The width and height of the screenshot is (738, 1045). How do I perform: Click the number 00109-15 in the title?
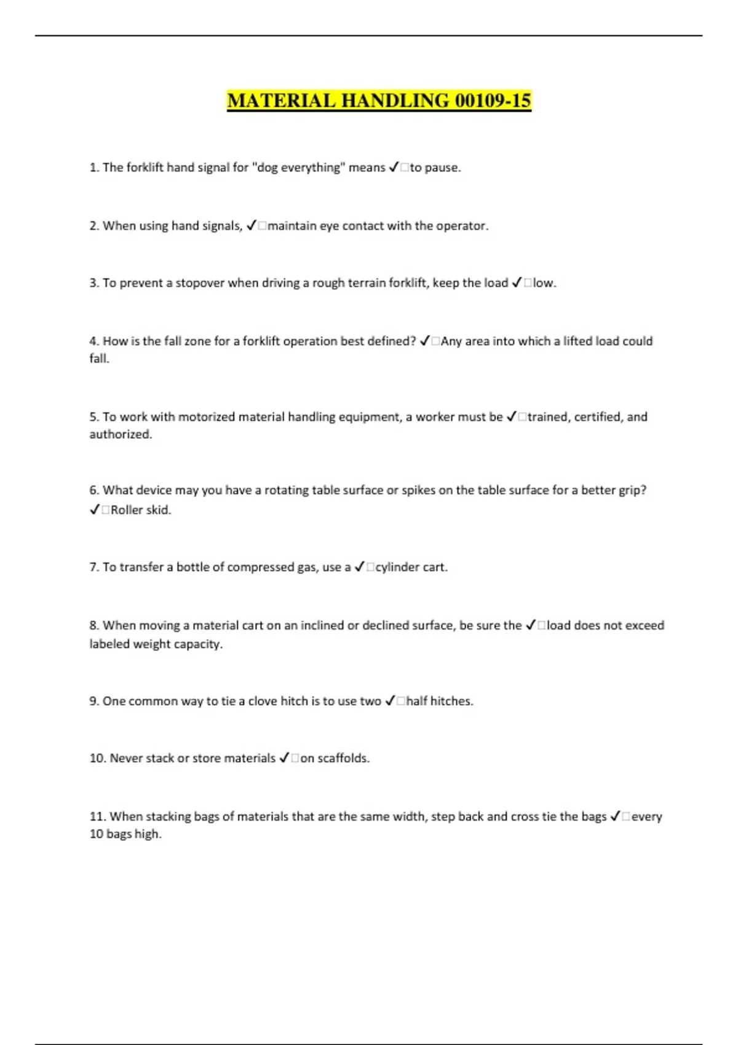pyautogui.click(x=493, y=101)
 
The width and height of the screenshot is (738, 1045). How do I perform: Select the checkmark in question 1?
pyautogui.click(x=394, y=168)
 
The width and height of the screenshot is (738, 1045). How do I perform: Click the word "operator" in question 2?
pyautogui.click(x=461, y=226)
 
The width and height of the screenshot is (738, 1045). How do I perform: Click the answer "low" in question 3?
pyautogui.click(x=543, y=283)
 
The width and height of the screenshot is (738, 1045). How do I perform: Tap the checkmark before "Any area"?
pyautogui.click(x=425, y=341)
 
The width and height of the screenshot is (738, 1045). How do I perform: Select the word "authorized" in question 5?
pyautogui.click(x=120, y=435)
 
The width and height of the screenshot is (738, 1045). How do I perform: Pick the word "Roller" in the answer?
pyautogui.click(x=127, y=510)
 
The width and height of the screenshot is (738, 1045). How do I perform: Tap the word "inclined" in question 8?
pyautogui.click(x=322, y=626)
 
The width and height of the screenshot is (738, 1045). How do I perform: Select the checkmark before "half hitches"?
pyautogui.click(x=390, y=701)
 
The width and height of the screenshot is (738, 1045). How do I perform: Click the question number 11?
pyautogui.click(x=97, y=817)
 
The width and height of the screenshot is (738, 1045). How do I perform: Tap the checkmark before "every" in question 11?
pyautogui.click(x=615, y=817)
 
